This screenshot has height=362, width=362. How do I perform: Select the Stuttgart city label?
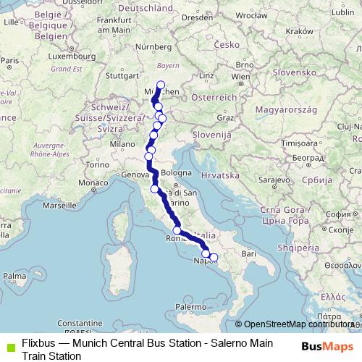[x=122, y=74]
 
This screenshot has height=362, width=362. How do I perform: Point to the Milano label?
[x=123, y=145]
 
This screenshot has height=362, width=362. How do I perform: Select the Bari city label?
[x=249, y=254]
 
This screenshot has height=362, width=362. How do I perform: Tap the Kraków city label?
[x=298, y=32]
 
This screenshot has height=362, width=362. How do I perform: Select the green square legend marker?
[x=9, y=343]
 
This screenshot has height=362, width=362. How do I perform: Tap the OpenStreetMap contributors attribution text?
[x=298, y=324]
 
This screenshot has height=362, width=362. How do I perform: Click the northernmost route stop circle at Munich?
[x=161, y=85]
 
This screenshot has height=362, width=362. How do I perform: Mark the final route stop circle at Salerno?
[x=213, y=257]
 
